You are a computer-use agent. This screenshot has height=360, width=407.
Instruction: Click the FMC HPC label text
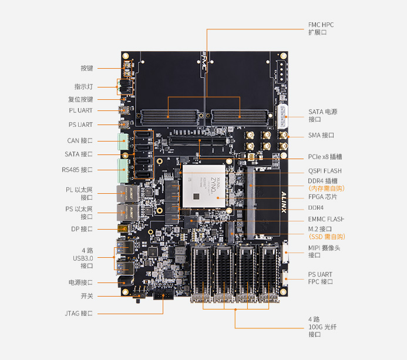coord(321,25)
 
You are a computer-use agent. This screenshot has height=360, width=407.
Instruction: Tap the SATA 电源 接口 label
coord(322,115)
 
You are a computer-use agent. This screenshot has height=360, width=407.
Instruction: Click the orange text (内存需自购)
coord(326,189)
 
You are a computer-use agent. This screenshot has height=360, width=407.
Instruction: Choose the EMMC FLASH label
coord(326,219)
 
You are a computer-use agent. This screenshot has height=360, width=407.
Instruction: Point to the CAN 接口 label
coord(79,140)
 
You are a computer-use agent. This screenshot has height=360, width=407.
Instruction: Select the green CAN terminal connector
coord(124,142)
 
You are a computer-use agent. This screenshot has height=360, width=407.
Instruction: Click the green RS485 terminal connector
coord(124,170)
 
